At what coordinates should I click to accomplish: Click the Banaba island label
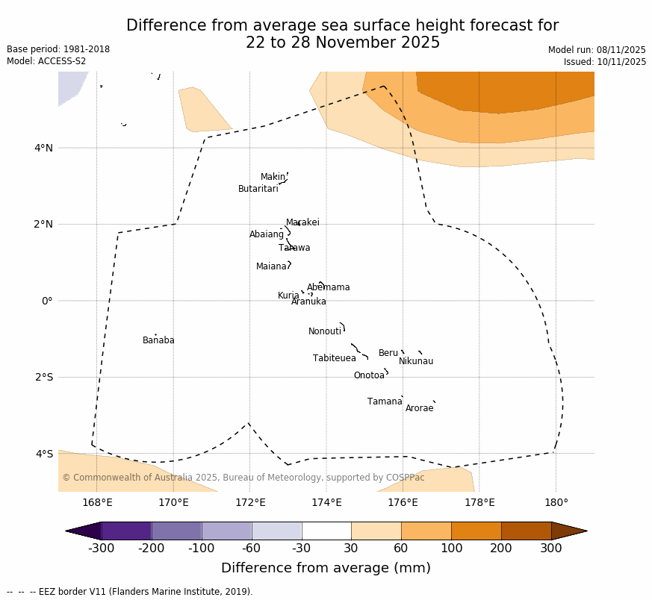158,340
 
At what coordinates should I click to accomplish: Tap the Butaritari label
258,189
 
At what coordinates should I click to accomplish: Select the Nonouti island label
324,331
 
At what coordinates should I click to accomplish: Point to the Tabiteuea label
334,358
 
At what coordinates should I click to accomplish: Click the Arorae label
419,408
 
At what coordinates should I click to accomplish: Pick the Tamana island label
385,401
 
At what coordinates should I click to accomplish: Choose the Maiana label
271,266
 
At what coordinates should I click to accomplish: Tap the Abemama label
328,287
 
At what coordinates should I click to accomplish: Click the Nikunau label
415,361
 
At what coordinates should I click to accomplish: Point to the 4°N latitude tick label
43,148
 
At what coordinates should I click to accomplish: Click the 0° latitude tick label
47,301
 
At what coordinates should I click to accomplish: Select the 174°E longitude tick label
326,502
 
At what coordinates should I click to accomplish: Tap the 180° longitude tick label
556,502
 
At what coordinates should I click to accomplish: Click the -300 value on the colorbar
101,549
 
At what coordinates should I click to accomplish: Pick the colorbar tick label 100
451,549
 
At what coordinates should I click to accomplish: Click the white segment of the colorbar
326,531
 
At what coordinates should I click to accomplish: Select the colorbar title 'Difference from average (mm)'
326,568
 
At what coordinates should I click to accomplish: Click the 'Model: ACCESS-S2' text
46,61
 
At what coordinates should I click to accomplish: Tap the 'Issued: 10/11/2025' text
604,62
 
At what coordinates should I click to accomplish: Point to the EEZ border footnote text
130,592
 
